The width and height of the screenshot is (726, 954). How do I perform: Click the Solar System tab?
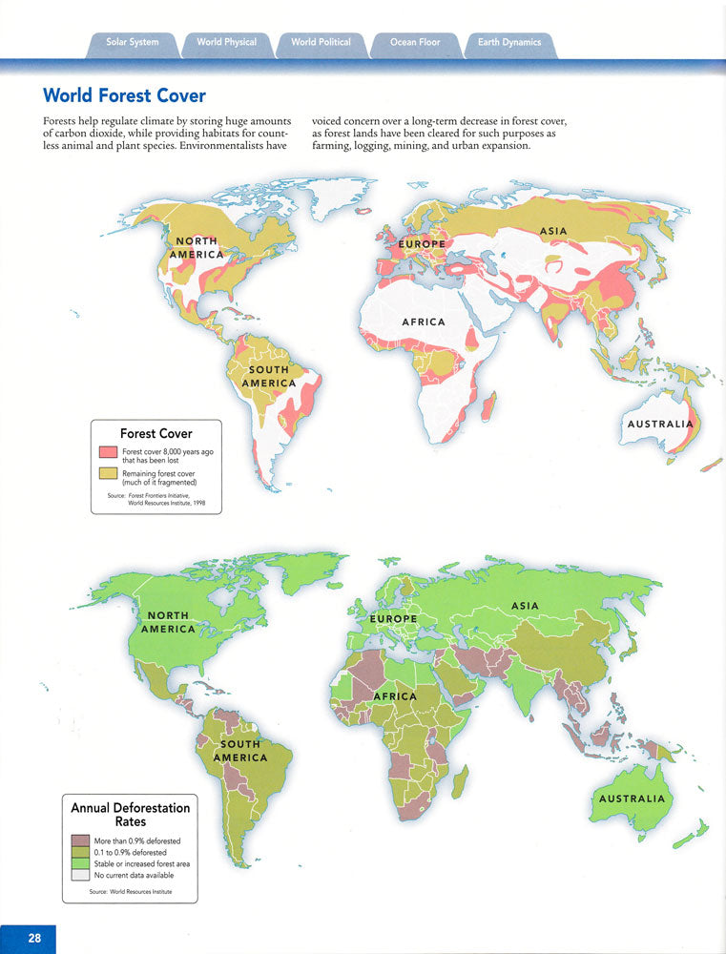(x=132, y=43)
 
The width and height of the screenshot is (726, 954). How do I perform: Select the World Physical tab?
(x=226, y=43)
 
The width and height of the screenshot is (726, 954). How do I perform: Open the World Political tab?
(x=321, y=43)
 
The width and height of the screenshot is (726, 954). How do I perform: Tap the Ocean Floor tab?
(x=415, y=43)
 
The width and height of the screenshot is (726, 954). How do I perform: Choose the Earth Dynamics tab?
(x=508, y=43)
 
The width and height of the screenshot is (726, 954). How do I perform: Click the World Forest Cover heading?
(x=124, y=96)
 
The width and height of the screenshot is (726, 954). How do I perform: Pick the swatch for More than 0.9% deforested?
(x=80, y=841)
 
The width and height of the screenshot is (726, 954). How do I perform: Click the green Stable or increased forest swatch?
(x=80, y=863)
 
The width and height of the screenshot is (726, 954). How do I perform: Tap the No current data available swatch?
(x=80, y=875)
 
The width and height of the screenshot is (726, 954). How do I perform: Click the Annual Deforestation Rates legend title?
(x=131, y=814)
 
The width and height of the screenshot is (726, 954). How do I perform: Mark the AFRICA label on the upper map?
(x=424, y=322)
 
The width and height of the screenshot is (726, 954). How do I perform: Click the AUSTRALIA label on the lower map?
(x=631, y=798)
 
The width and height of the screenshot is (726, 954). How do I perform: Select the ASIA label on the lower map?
(x=525, y=606)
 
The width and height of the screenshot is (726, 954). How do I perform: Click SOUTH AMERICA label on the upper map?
(x=268, y=377)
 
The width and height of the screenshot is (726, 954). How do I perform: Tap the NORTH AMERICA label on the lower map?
(x=168, y=622)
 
